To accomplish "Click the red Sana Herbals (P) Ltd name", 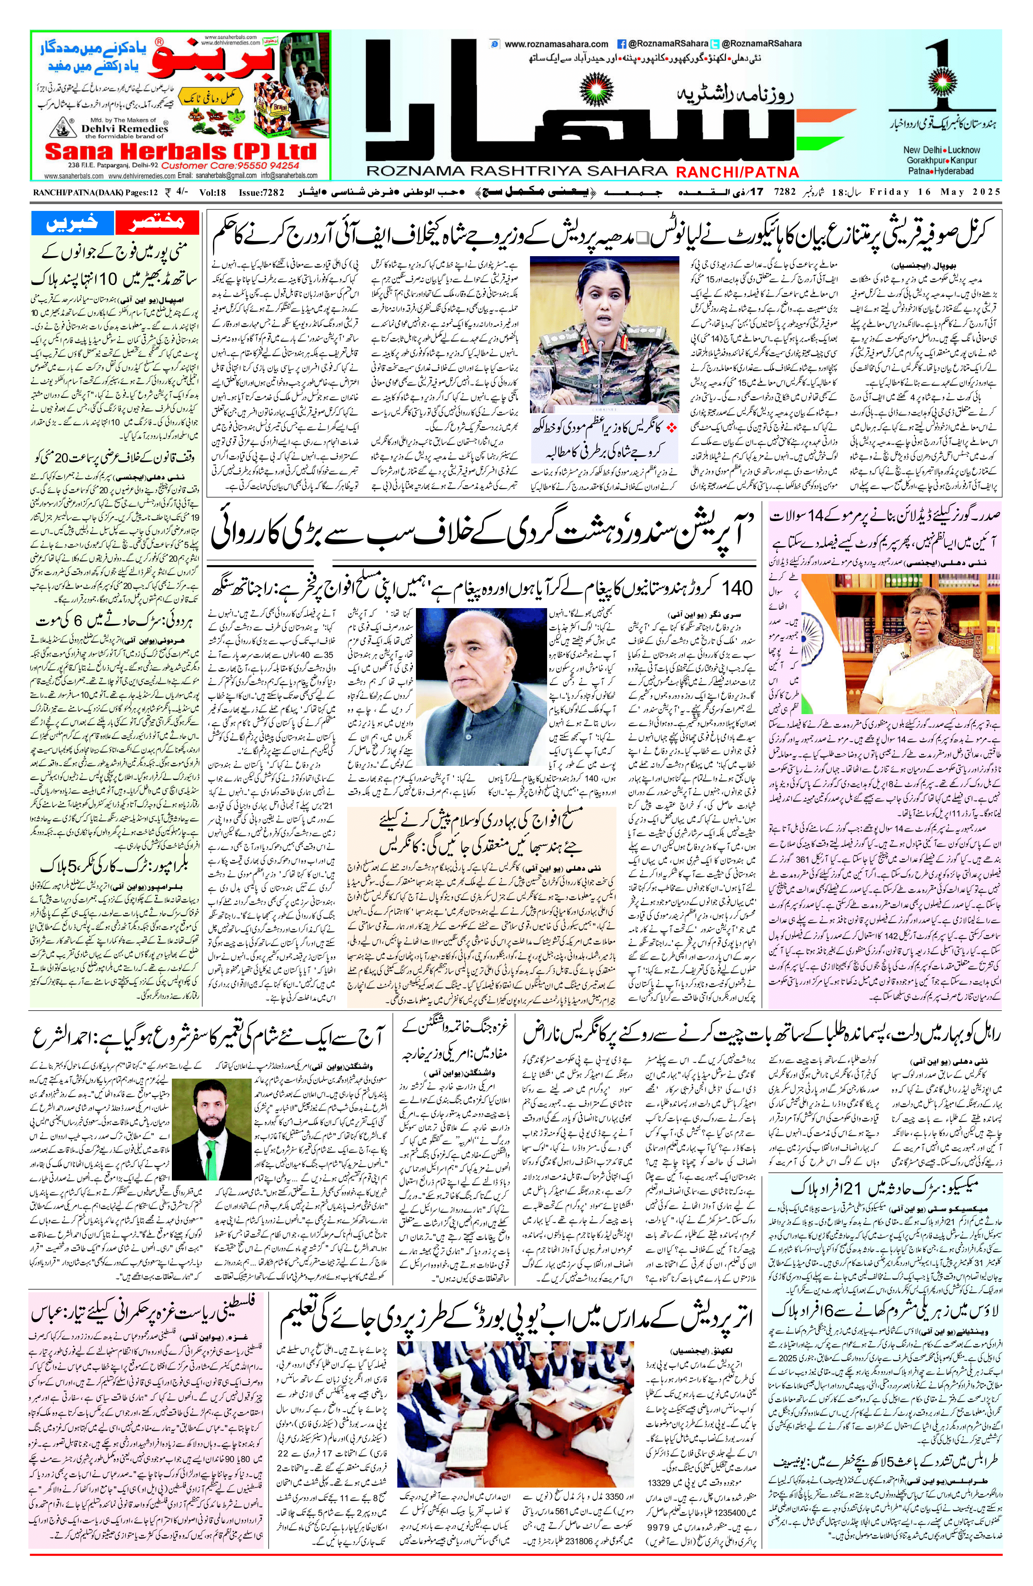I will click(x=180, y=151).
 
